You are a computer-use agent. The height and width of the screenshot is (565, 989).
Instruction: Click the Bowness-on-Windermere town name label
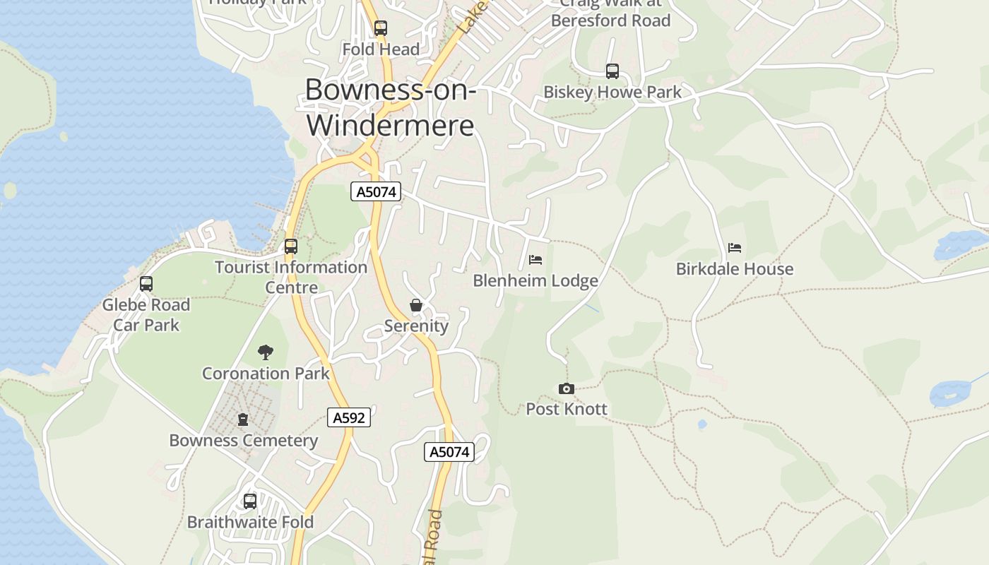click(391, 107)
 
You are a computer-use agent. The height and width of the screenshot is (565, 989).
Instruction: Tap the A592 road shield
click(349, 417)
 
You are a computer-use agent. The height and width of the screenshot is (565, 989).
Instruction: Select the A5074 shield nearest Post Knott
click(449, 452)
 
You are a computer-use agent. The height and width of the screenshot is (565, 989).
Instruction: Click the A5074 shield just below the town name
click(376, 191)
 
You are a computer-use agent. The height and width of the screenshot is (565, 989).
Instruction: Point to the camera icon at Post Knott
click(566, 388)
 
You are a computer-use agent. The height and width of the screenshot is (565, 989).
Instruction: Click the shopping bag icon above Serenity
click(416, 305)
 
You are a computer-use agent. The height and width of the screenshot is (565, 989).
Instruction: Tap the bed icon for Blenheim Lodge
click(535, 260)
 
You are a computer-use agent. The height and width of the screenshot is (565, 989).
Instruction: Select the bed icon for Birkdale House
click(735, 248)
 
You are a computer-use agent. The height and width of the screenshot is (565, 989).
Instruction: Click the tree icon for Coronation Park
click(266, 352)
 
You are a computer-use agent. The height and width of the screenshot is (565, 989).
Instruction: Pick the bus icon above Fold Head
click(381, 28)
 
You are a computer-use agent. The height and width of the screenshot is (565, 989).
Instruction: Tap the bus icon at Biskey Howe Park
click(612, 71)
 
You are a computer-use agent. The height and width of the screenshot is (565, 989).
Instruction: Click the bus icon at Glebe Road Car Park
click(146, 284)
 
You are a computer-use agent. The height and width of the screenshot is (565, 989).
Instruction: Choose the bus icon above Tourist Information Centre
click(291, 246)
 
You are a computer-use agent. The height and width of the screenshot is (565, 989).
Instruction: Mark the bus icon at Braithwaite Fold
click(250, 501)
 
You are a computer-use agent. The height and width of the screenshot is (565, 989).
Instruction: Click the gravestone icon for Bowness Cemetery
click(243, 420)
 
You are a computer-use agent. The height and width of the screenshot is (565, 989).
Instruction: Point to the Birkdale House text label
click(735, 269)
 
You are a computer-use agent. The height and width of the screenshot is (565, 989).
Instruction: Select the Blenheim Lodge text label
click(535, 281)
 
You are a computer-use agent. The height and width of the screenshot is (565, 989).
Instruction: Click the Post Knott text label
click(567, 409)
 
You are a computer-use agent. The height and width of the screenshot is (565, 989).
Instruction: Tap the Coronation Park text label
click(266, 373)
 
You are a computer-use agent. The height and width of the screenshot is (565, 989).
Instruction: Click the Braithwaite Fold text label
click(250, 523)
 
